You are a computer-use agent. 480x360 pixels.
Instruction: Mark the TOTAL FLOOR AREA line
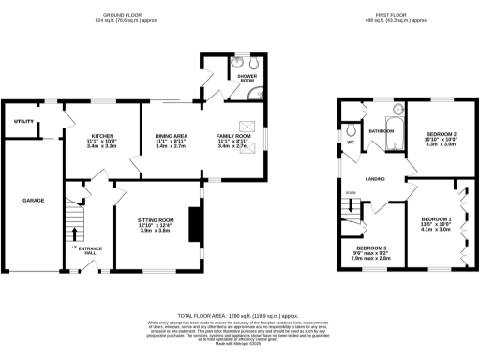239,317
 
